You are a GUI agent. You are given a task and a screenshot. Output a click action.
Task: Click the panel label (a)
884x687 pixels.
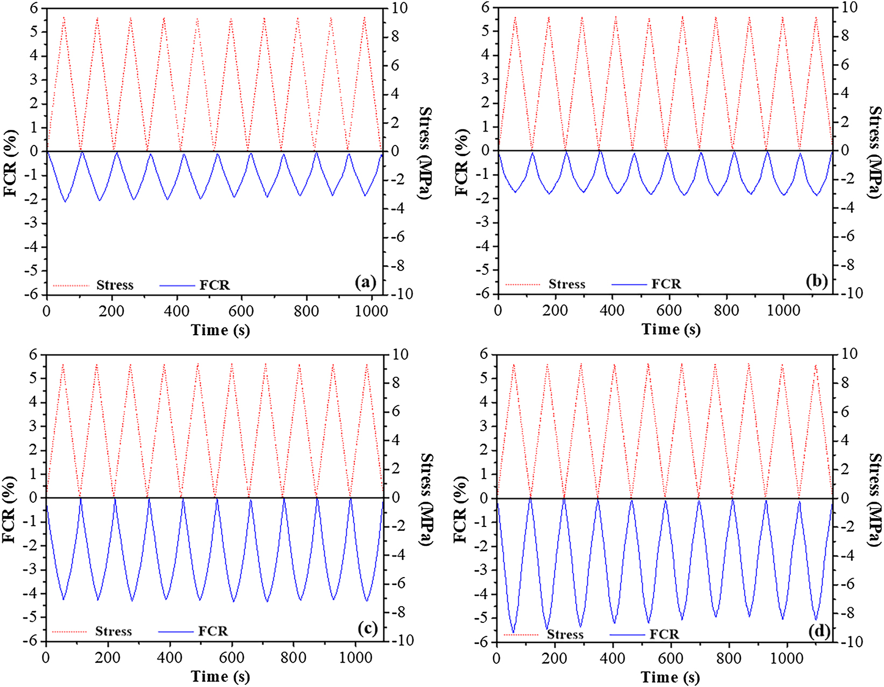pyautogui.click(x=366, y=282)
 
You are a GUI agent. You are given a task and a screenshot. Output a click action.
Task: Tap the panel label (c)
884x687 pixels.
pyautogui.click(x=367, y=628)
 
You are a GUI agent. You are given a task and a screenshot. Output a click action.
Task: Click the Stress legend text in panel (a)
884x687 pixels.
pyautogui.click(x=115, y=285)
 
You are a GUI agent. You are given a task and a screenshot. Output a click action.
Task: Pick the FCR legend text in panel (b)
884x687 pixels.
pyautogui.click(x=666, y=284)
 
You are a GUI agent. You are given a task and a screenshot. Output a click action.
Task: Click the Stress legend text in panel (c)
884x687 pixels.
pyautogui.click(x=114, y=631)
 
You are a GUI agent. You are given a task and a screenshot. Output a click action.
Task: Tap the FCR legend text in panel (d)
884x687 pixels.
pyautogui.click(x=664, y=634)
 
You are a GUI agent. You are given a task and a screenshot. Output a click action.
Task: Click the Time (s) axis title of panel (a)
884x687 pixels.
pyautogui.click(x=220, y=330)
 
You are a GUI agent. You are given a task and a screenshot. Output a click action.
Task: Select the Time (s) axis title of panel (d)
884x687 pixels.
pyautogui.click(x=670, y=677)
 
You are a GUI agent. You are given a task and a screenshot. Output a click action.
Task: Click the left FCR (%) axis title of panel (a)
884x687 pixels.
pyautogui.click(x=10, y=163)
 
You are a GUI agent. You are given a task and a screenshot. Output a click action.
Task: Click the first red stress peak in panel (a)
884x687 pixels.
pyautogui.click(x=64, y=18)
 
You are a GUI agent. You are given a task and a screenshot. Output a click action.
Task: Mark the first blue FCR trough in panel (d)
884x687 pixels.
pyautogui.click(x=513, y=632)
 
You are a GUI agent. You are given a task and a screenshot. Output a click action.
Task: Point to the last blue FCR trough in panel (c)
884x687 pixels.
pyautogui.click(x=367, y=600)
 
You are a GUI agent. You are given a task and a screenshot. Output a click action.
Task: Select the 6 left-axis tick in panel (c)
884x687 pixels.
pyautogui.click(x=33, y=355)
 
